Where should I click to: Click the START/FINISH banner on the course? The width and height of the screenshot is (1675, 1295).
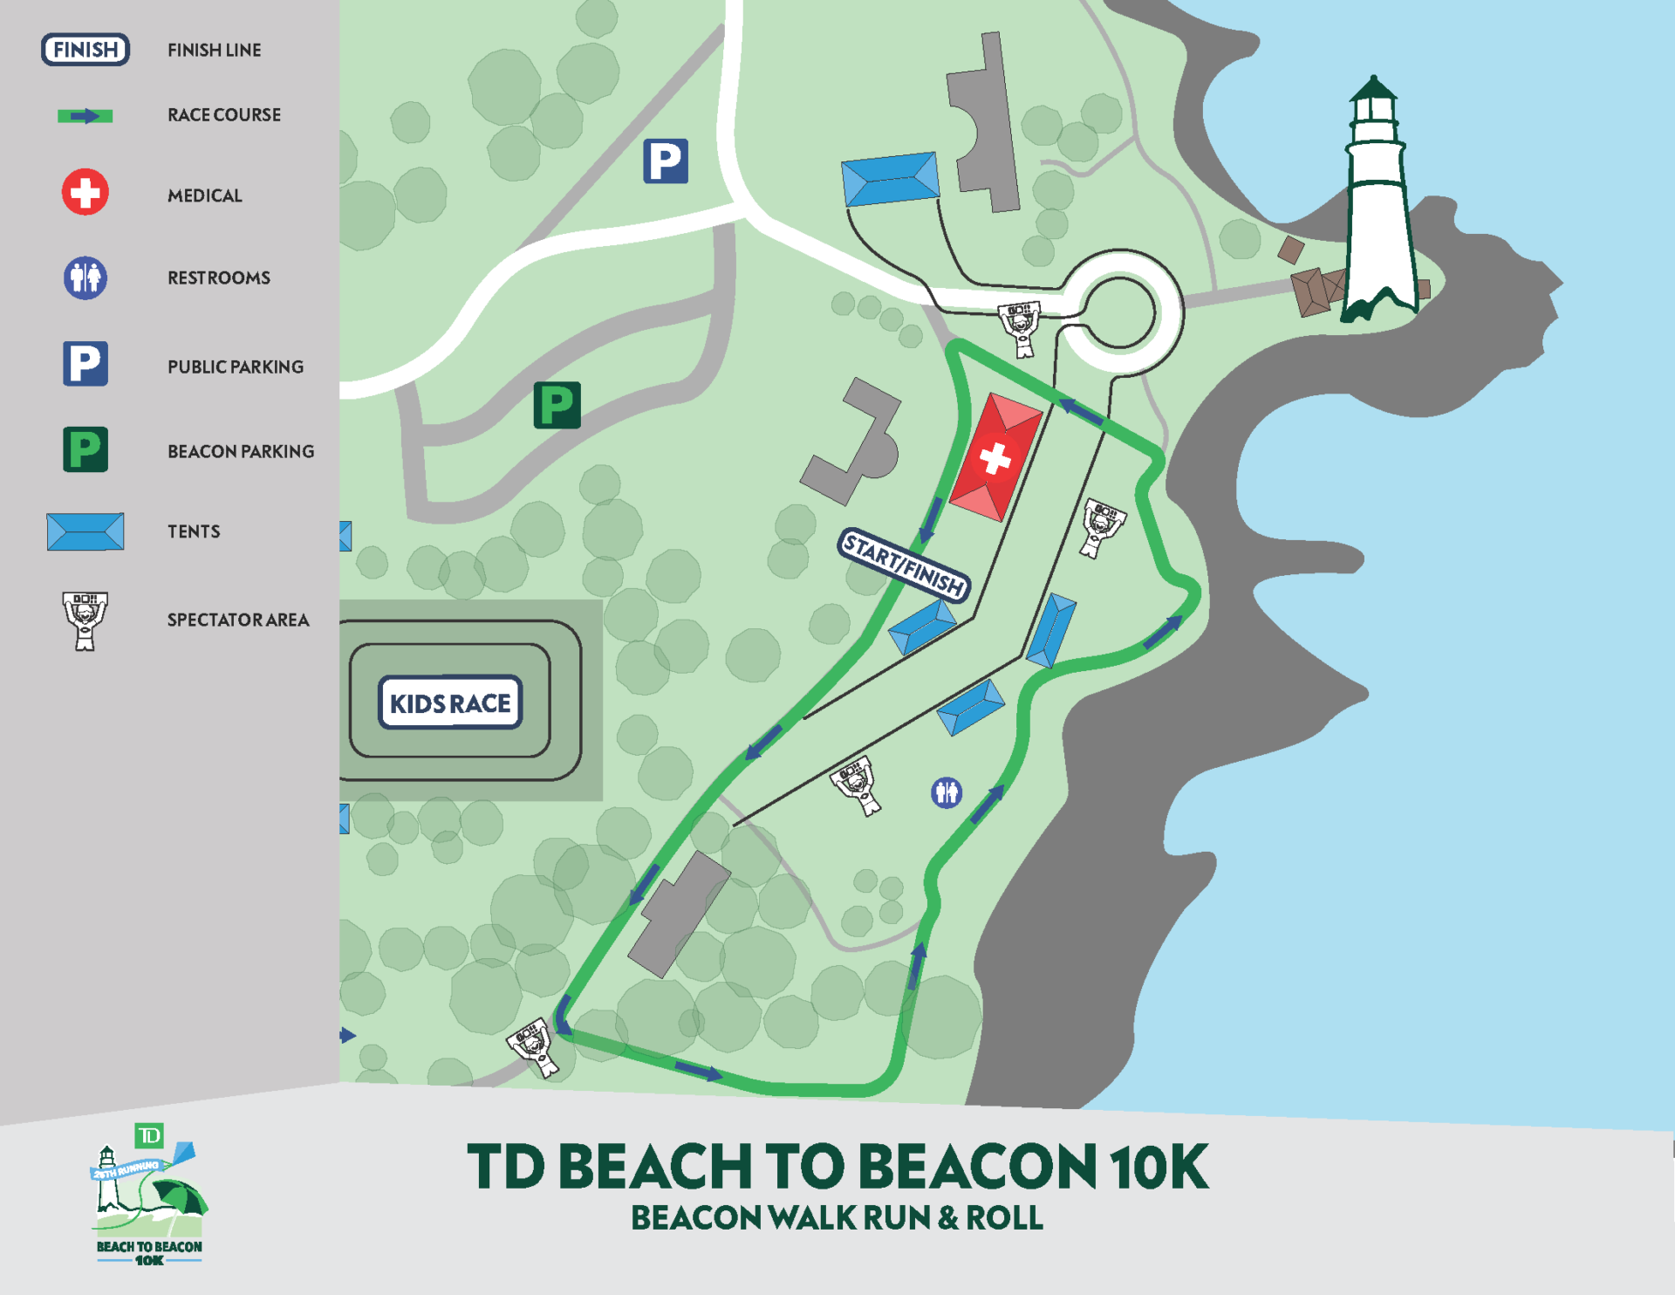click(x=905, y=565)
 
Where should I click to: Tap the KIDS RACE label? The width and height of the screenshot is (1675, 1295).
click(x=450, y=702)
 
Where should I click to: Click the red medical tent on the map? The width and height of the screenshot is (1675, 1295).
click(x=995, y=457)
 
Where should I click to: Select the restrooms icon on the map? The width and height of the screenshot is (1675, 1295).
click(x=946, y=792)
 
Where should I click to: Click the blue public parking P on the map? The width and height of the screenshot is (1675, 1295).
click(x=666, y=161)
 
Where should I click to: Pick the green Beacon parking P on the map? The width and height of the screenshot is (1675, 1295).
click(x=557, y=406)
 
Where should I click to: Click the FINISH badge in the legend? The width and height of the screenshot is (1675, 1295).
click(x=85, y=50)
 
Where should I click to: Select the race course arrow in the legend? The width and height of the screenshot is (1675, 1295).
click(x=85, y=116)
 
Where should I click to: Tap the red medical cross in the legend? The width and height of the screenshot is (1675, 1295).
click(x=85, y=192)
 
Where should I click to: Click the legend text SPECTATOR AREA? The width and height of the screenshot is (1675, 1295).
click(x=238, y=620)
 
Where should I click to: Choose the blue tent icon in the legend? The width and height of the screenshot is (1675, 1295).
click(x=85, y=531)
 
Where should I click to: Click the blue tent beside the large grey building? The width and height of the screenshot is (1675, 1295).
click(x=890, y=180)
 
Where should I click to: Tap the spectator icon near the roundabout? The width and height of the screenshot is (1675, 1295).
click(x=1020, y=327)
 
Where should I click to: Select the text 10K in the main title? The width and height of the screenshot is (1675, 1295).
click(x=1159, y=1167)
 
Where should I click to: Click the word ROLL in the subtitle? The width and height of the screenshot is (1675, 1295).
click(x=1004, y=1218)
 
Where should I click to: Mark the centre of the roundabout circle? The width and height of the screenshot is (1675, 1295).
click(x=1119, y=312)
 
